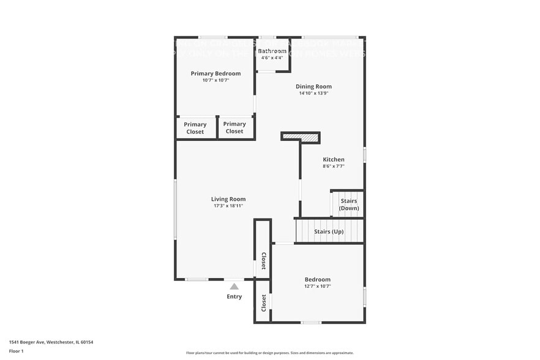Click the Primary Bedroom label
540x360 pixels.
[x=216, y=73]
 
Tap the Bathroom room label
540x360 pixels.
[x=272, y=51]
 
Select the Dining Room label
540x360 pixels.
[x=313, y=86]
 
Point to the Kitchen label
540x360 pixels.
[x=334, y=159]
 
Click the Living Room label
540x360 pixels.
[x=228, y=199]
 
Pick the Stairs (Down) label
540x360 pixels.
[x=349, y=204]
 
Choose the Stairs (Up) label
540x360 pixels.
[x=329, y=231]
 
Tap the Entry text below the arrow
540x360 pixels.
[x=234, y=296]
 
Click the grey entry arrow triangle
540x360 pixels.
[x=234, y=286]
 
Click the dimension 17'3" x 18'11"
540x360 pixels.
[x=228, y=206]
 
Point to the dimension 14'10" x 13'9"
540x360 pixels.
[x=313, y=93]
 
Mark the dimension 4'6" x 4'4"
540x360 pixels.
[x=272, y=58]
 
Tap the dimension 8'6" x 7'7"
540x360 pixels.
[x=334, y=166]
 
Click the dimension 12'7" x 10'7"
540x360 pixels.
[x=317, y=286]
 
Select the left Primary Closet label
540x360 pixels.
[x=195, y=128]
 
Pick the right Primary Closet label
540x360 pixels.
[x=234, y=127]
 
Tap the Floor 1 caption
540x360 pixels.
[x=16, y=351]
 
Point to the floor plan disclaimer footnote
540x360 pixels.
[x=270, y=353]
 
